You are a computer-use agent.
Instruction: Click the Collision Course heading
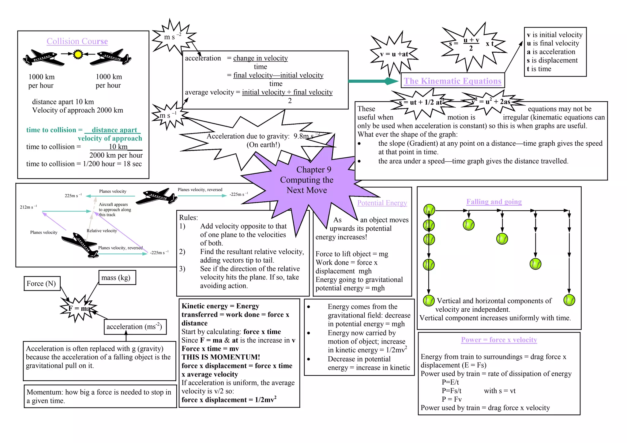click(77, 41)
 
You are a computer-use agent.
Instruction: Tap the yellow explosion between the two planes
click(78, 54)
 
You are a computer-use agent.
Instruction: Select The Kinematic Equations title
click(452, 81)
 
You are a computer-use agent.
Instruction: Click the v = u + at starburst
click(394, 54)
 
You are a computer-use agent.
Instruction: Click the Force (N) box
click(42, 283)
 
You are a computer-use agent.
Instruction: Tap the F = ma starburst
click(79, 308)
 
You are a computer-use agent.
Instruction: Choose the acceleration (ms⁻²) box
click(134, 326)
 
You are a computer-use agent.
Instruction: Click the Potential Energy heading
click(382, 203)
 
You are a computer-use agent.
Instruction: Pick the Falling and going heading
click(494, 202)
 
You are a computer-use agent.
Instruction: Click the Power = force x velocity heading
click(499, 340)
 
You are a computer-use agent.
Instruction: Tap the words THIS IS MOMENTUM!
click(221, 357)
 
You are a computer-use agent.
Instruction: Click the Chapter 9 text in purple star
click(313, 170)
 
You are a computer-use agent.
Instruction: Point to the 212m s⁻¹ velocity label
click(28, 207)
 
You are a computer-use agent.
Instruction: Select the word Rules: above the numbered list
click(189, 218)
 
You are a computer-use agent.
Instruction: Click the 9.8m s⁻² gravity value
click(306, 136)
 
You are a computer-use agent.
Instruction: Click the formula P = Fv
click(452, 399)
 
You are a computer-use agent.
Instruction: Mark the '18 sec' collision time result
click(133, 164)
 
